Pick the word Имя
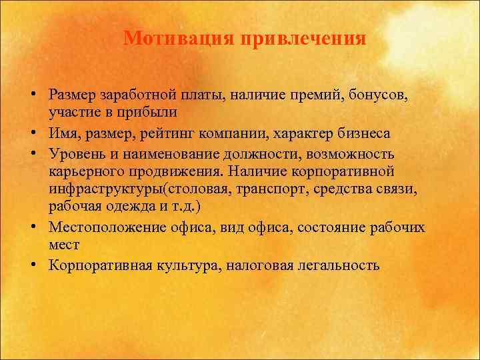64,133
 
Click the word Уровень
75,154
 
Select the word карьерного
84,171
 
